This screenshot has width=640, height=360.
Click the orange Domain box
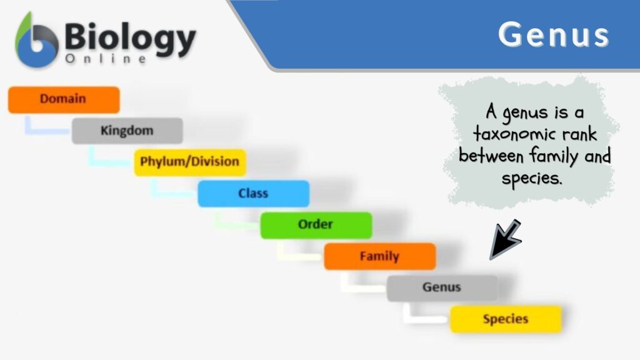[x=63, y=99]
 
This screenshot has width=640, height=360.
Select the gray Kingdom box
[x=127, y=131]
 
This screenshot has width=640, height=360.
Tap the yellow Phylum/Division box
[x=189, y=162]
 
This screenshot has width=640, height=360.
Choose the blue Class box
[x=253, y=194]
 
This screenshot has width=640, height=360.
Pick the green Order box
[x=316, y=224]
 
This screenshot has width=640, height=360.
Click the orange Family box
[x=379, y=256]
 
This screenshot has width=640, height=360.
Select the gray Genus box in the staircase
[x=442, y=287]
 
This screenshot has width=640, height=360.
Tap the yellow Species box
[x=505, y=319]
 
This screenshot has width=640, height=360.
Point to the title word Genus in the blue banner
[x=553, y=35]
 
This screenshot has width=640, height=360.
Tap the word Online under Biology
[x=106, y=59]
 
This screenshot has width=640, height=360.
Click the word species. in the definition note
[x=532, y=177]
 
